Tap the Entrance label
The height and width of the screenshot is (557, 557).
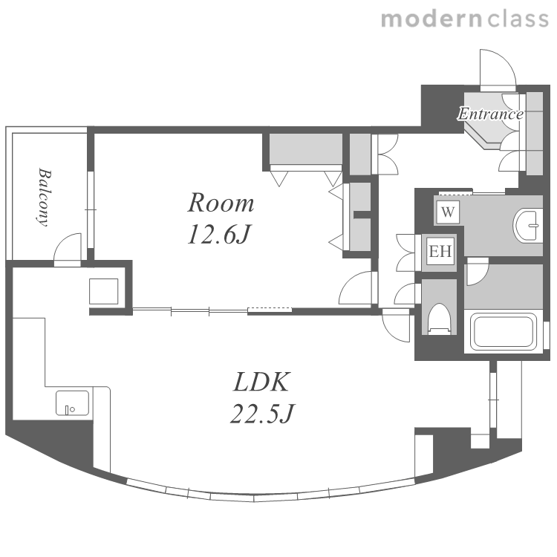point(491,114)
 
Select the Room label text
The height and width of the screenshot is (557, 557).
point(221,203)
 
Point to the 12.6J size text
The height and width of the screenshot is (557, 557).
point(220,235)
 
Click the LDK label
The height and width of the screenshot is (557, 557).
point(262,382)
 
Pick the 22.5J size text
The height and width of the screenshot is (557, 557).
point(262,414)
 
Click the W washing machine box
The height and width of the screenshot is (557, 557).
point(448,212)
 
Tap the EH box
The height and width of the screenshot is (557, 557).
point(440,251)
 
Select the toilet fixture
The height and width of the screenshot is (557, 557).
point(439,319)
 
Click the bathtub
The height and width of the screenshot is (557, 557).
point(504,331)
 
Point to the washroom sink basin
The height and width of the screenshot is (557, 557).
point(527,226)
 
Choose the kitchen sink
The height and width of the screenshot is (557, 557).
point(72,403)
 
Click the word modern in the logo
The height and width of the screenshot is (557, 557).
point(431,19)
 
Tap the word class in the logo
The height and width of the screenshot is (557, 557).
point(518,19)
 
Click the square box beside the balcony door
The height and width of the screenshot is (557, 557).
point(103,291)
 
